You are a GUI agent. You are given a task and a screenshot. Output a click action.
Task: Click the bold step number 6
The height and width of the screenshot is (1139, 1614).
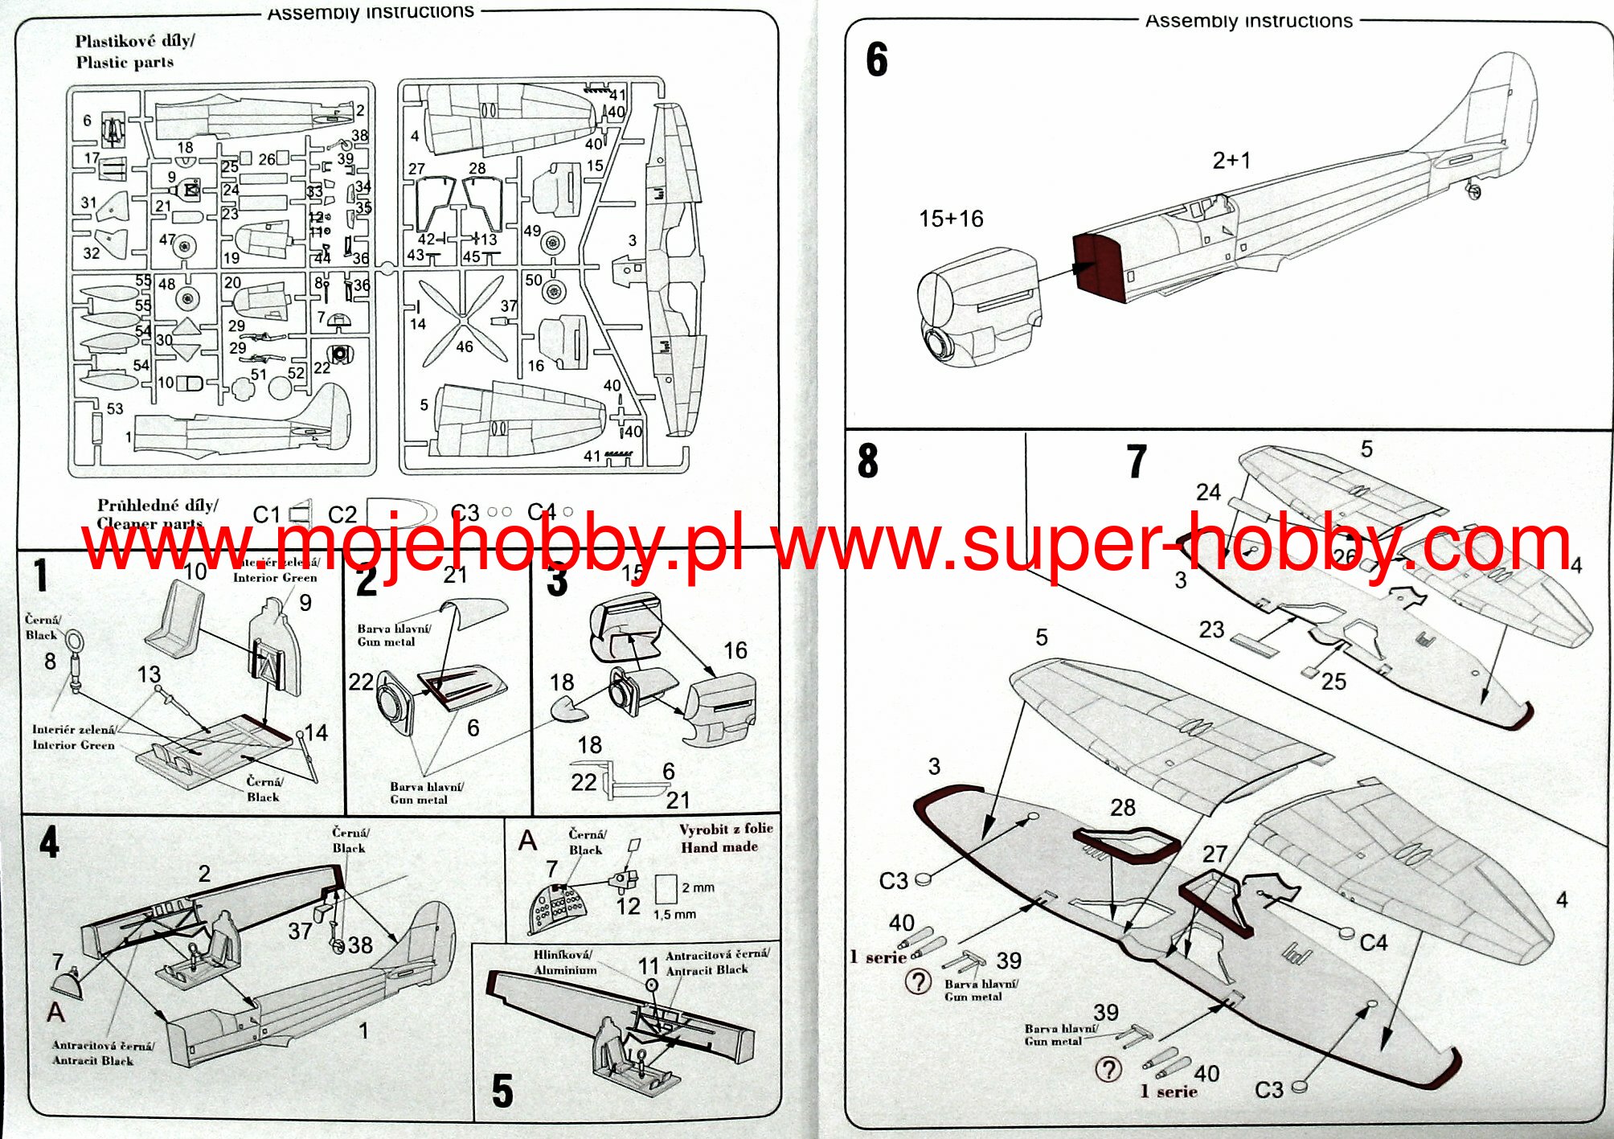click(876, 59)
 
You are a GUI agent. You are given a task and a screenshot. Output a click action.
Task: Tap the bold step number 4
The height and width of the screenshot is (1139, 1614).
click(49, 842)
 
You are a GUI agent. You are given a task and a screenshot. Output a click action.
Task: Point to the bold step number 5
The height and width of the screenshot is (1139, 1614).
click(502, 1091)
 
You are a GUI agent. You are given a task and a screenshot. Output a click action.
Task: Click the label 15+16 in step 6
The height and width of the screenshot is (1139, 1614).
click(951, 219)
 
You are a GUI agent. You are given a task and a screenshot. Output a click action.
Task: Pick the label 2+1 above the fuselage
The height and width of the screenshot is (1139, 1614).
click(1231, 161)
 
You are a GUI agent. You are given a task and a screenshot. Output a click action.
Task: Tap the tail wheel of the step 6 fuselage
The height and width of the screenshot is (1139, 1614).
click(1473, 191)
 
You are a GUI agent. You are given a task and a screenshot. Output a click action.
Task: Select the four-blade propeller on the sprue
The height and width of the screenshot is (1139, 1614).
click(463, 321)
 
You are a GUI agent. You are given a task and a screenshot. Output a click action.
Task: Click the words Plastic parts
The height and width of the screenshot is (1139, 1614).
click(125, 63)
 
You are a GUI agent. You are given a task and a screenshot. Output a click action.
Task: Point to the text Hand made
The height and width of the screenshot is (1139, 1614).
click(719, 847)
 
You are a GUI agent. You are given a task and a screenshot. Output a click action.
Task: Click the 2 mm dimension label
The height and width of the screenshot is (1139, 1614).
click(698, 887)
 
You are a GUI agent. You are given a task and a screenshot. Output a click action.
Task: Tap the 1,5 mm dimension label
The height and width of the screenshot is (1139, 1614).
click(674, 915)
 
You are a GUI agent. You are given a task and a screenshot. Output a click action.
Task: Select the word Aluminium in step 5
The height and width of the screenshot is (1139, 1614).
click(565, 970)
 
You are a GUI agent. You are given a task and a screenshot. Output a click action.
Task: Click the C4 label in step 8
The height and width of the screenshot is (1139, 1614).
click(1373, 942)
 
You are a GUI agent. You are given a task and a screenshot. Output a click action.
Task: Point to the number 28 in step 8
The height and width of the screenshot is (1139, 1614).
click(1122, 807)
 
